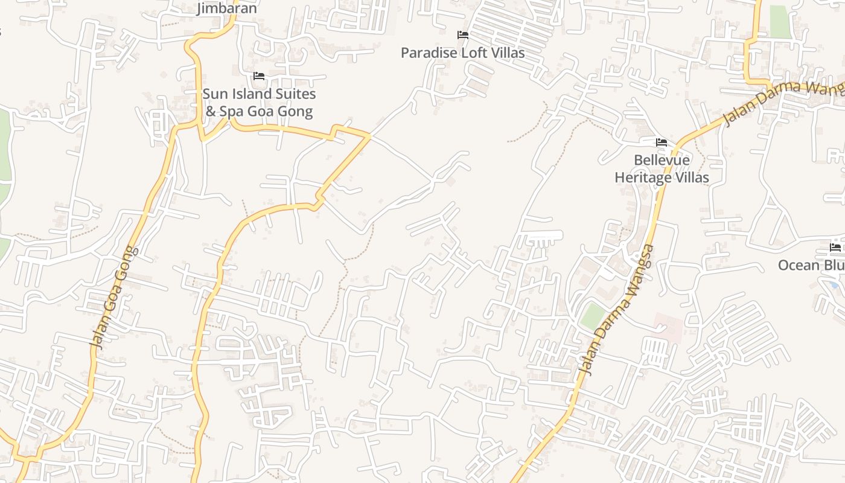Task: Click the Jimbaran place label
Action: tap(228, 8)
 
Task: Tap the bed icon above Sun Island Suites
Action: tap(259, 76)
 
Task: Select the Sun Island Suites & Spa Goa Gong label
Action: tap(259, 103)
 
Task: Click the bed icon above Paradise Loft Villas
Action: tap(463, 35)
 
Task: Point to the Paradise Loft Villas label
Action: tap(463, 53)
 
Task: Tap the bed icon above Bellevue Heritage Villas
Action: tap(662, 143)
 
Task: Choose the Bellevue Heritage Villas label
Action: tap(662, 169)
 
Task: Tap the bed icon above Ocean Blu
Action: tap(835, 248)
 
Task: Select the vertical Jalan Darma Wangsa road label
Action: tap(616, 310)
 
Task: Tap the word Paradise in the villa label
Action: tap(429, 53)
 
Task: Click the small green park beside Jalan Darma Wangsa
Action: tap(593, 316)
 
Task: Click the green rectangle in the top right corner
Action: tap(780, 22)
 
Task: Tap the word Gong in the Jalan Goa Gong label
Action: tap(124, 266)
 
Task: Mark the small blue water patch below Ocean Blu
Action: tap(835, 284)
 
